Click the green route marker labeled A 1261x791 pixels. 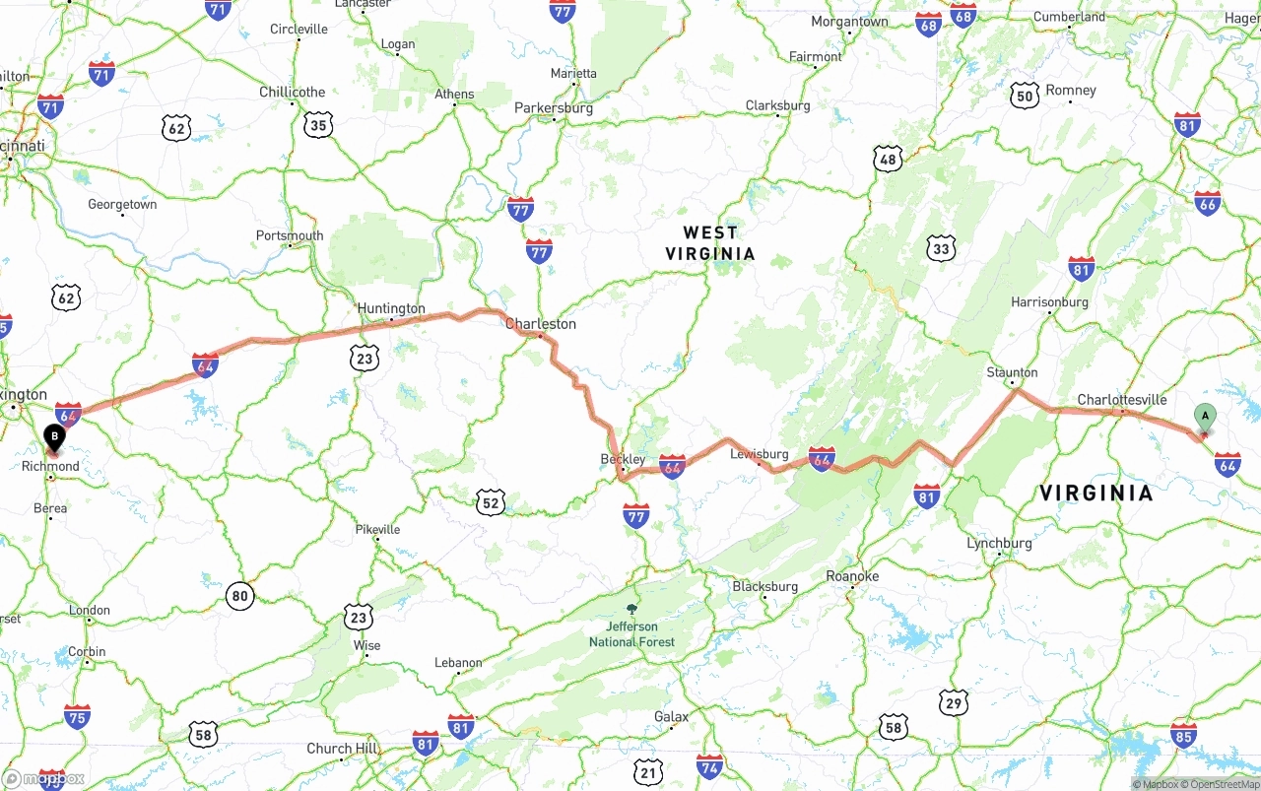pos(1204,417)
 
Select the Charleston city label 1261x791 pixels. pos(541,324)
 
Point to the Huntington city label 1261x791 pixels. pos(391,308)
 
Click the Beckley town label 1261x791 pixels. pos(623,459)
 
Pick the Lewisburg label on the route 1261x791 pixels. pos(760,454)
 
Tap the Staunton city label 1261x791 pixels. pos(1013,372)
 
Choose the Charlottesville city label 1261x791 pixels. pos(1121,400)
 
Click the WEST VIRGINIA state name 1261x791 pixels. pos(710,243)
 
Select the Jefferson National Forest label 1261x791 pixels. pos(631,633)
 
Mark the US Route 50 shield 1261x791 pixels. pos(1025,96)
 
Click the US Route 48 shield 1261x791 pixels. pos(888,159)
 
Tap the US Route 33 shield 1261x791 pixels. pos(941,248)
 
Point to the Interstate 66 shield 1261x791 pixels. pos(1207,203)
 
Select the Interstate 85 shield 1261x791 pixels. pos(1184,734)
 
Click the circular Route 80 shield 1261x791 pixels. pos(239,595)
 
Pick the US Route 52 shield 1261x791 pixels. pos(491,502)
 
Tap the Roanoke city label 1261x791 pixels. pos(852,576)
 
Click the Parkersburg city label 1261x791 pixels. pos(554,108)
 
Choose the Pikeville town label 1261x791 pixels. pos(377,530)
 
